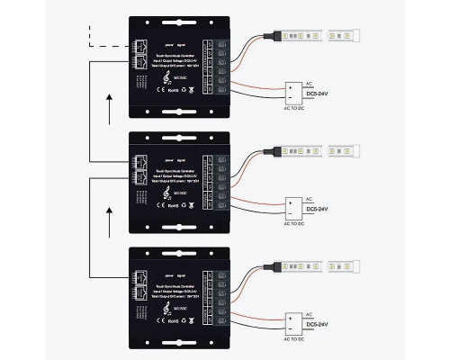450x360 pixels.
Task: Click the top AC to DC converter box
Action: click(x=293, y=92)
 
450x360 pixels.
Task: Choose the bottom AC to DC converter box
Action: click(x=293, y=320)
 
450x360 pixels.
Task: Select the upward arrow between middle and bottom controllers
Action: click(x=110, y=216)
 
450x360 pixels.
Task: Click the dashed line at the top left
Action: click(x=103, y=45)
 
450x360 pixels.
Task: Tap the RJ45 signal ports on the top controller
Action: click(x=143, y=53)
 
